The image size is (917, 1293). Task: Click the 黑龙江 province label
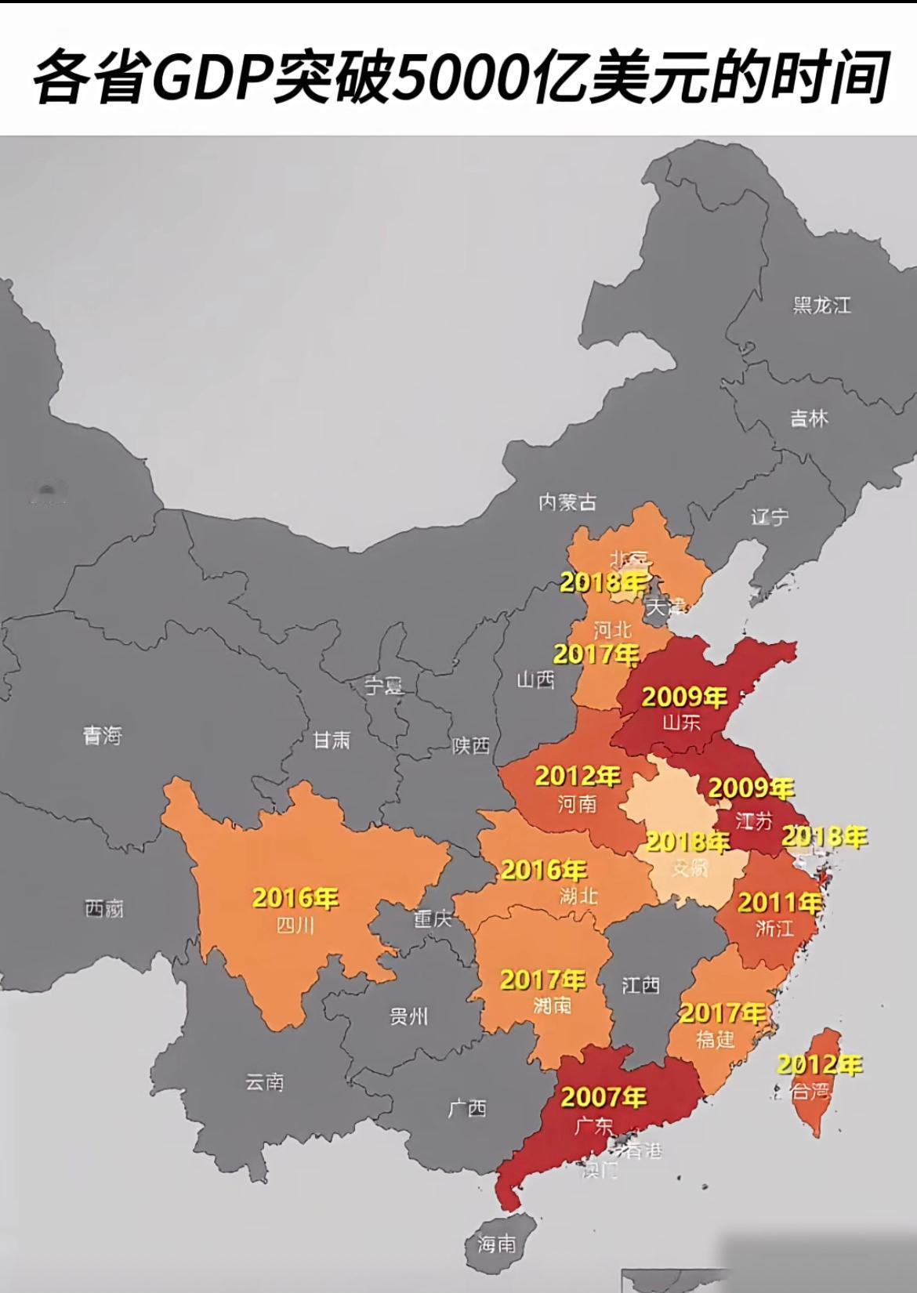pos(821,305)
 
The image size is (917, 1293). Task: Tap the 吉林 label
pos(809,418)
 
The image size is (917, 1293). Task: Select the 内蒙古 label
pos(567,502)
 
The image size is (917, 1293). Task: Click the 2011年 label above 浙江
pos(779,903)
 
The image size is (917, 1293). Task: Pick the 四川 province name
pos(295,925)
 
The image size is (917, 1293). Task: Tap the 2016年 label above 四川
pos(295,898)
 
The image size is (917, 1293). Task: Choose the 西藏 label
pos(103,909)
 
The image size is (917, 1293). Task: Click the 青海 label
pos(103,735)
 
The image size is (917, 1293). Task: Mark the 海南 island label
pos(497,1243)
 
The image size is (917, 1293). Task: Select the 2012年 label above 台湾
pos(820,1065)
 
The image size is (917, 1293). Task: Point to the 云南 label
pos(264,1082)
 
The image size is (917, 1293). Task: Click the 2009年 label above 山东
pos(684,697)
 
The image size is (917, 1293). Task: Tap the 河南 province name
pos(578,803)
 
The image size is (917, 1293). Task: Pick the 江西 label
pos(640,985)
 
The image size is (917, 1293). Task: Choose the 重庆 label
pos(433,918)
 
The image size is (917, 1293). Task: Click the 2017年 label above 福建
pos(722,1013)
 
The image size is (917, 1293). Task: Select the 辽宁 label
pos(770,517)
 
